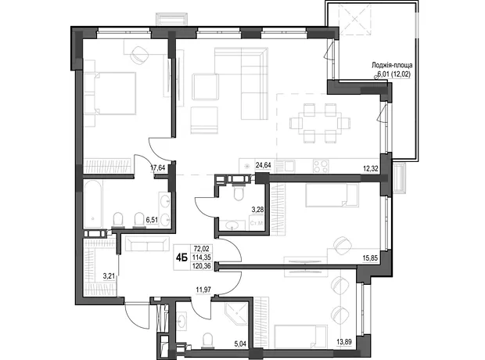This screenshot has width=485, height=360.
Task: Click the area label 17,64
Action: [158, 168]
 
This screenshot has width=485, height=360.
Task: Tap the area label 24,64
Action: [263, 165]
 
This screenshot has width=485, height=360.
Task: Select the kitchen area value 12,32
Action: [371, 169]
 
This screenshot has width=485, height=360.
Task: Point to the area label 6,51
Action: [152, 220]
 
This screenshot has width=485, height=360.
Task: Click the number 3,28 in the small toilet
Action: [257, 210]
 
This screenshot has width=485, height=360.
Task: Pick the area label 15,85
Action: [370, 257]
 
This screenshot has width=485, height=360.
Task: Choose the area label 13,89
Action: [344, 342]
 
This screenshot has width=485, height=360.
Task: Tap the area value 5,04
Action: [240, 344]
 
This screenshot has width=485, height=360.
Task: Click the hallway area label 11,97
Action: [203, 290]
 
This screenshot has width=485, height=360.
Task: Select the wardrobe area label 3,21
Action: [110, 275]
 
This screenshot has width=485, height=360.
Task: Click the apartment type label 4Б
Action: [181, 257]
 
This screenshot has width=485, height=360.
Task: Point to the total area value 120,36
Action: [201, 266]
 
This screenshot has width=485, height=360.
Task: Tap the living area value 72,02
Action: [202, 248]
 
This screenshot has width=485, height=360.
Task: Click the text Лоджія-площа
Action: [392, 65]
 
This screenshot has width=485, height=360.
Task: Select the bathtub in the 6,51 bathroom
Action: [93, 204]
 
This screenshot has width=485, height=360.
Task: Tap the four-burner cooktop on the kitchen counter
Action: [321, 166]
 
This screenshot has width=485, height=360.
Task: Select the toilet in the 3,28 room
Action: [239, 193]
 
